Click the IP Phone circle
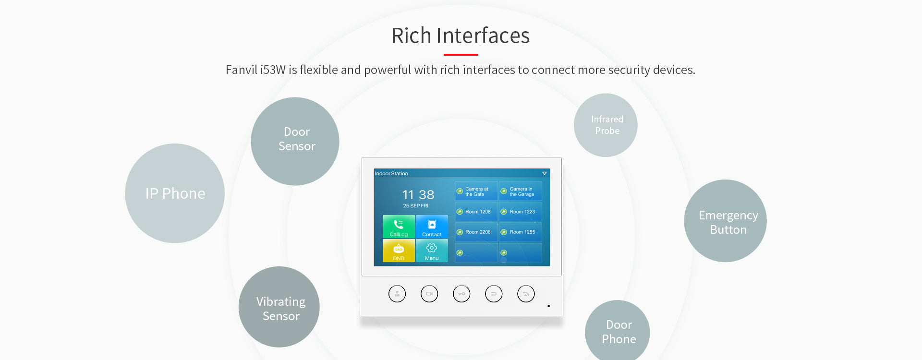(175, 193)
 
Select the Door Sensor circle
(295, 142)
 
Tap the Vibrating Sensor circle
(279, 307)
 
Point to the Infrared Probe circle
(606, 125)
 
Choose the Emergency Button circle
(725, 221)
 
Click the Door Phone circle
(618, 331)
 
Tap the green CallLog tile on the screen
(399, 227)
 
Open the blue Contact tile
(432, 227)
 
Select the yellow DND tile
(399, 251)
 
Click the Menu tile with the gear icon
(432, 251)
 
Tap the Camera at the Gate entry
(476, 191)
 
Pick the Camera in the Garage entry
(521, 191)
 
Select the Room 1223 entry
(521, 212)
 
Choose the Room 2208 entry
(476, 232)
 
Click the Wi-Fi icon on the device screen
(545, 173)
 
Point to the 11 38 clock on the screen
(418, 194)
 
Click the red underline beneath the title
(461, 55)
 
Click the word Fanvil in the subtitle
(242, 70)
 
